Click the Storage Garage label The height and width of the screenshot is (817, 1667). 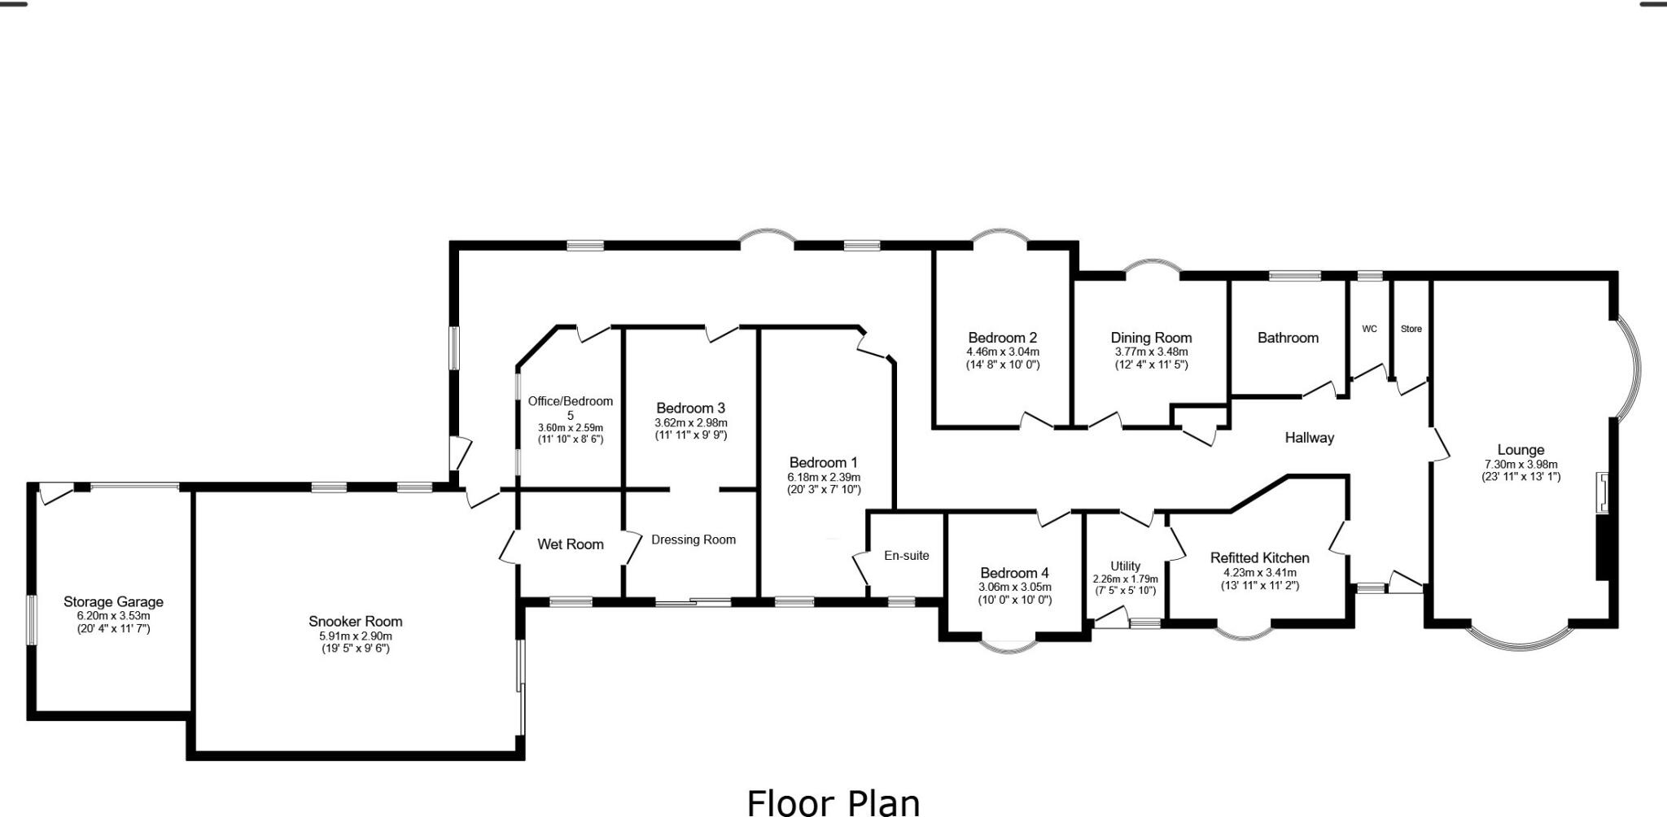coord(113,601)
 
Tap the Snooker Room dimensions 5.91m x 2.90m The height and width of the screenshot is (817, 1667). coord(355,636)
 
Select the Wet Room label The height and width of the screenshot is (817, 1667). coord(570,544)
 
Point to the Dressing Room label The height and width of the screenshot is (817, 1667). coord(693,540)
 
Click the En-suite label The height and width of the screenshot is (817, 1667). coord(906,556)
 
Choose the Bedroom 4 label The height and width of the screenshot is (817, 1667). coord(1014,573)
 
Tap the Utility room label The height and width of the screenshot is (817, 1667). coord(1125,566)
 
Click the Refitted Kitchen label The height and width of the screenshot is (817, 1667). coord(1259,557)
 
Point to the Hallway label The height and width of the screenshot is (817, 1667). coord(1309,438)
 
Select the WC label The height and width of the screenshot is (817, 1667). coord(1369,329)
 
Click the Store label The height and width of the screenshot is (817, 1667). coord(1411,329)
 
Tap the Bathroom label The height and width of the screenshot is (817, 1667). coord(1287,338)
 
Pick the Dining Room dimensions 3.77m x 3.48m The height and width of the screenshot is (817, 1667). coord(1151,352)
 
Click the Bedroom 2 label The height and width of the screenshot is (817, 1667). coord(1002,338)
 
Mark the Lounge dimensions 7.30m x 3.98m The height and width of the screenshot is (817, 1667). coord(1520,465)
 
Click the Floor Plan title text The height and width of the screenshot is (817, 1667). coord(833,802)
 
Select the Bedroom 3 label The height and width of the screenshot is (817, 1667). coord(690,408)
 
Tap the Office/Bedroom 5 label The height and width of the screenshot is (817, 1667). coord(570,407)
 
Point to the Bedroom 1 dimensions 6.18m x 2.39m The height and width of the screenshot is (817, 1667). coord(823,478)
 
